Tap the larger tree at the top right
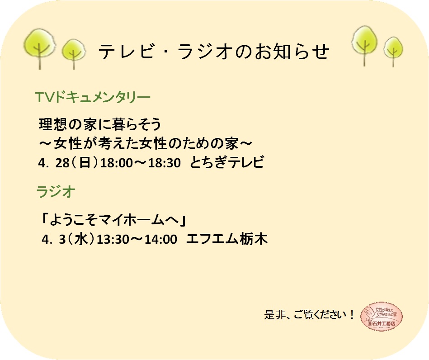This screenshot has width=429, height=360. tap(364, 44)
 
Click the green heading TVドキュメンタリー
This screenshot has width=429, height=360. tap(93, 97)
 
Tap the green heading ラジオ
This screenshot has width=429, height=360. tap(56, 191)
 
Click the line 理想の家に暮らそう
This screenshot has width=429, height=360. tap(100, 124)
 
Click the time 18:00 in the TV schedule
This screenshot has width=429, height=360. tap(117, 163)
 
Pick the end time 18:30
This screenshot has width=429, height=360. tap(165, 163)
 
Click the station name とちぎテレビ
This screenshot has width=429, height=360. tap(226, 162)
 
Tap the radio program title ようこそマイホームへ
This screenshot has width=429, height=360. tap(113, 220)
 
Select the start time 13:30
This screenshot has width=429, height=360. tap(113, 239)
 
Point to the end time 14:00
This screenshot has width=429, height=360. tap(161, 239)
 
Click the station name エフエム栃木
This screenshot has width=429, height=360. tap(227, 238)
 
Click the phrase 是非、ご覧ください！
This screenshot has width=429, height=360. tap(309, 315)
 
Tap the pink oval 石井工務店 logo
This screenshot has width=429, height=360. tap(382, 316)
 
